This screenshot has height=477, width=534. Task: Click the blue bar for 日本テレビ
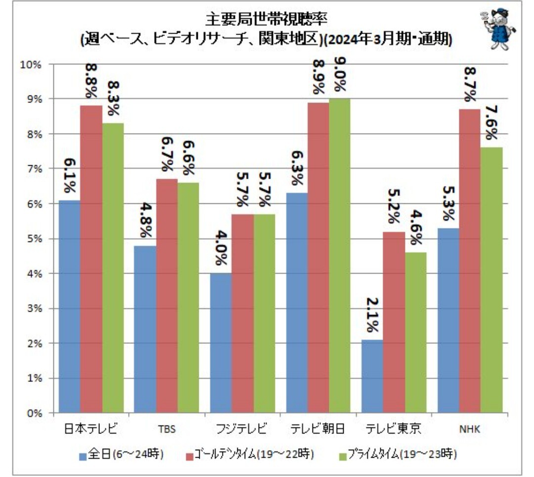pos(70,306)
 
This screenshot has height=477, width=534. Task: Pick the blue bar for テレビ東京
pos(372,376)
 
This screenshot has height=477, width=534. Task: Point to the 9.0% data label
pos(340,75)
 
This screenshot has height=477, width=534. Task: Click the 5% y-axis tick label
pos(33,238)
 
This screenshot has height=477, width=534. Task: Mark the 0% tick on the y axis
pos(33,413)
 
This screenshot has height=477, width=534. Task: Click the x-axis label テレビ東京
pos(394,428)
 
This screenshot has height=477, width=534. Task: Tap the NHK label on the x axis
pos(469,428)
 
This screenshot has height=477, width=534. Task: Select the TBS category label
pos(167,428)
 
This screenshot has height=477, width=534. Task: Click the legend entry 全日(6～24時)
pos(121,453)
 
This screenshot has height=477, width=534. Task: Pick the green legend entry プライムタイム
pos(396,453)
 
